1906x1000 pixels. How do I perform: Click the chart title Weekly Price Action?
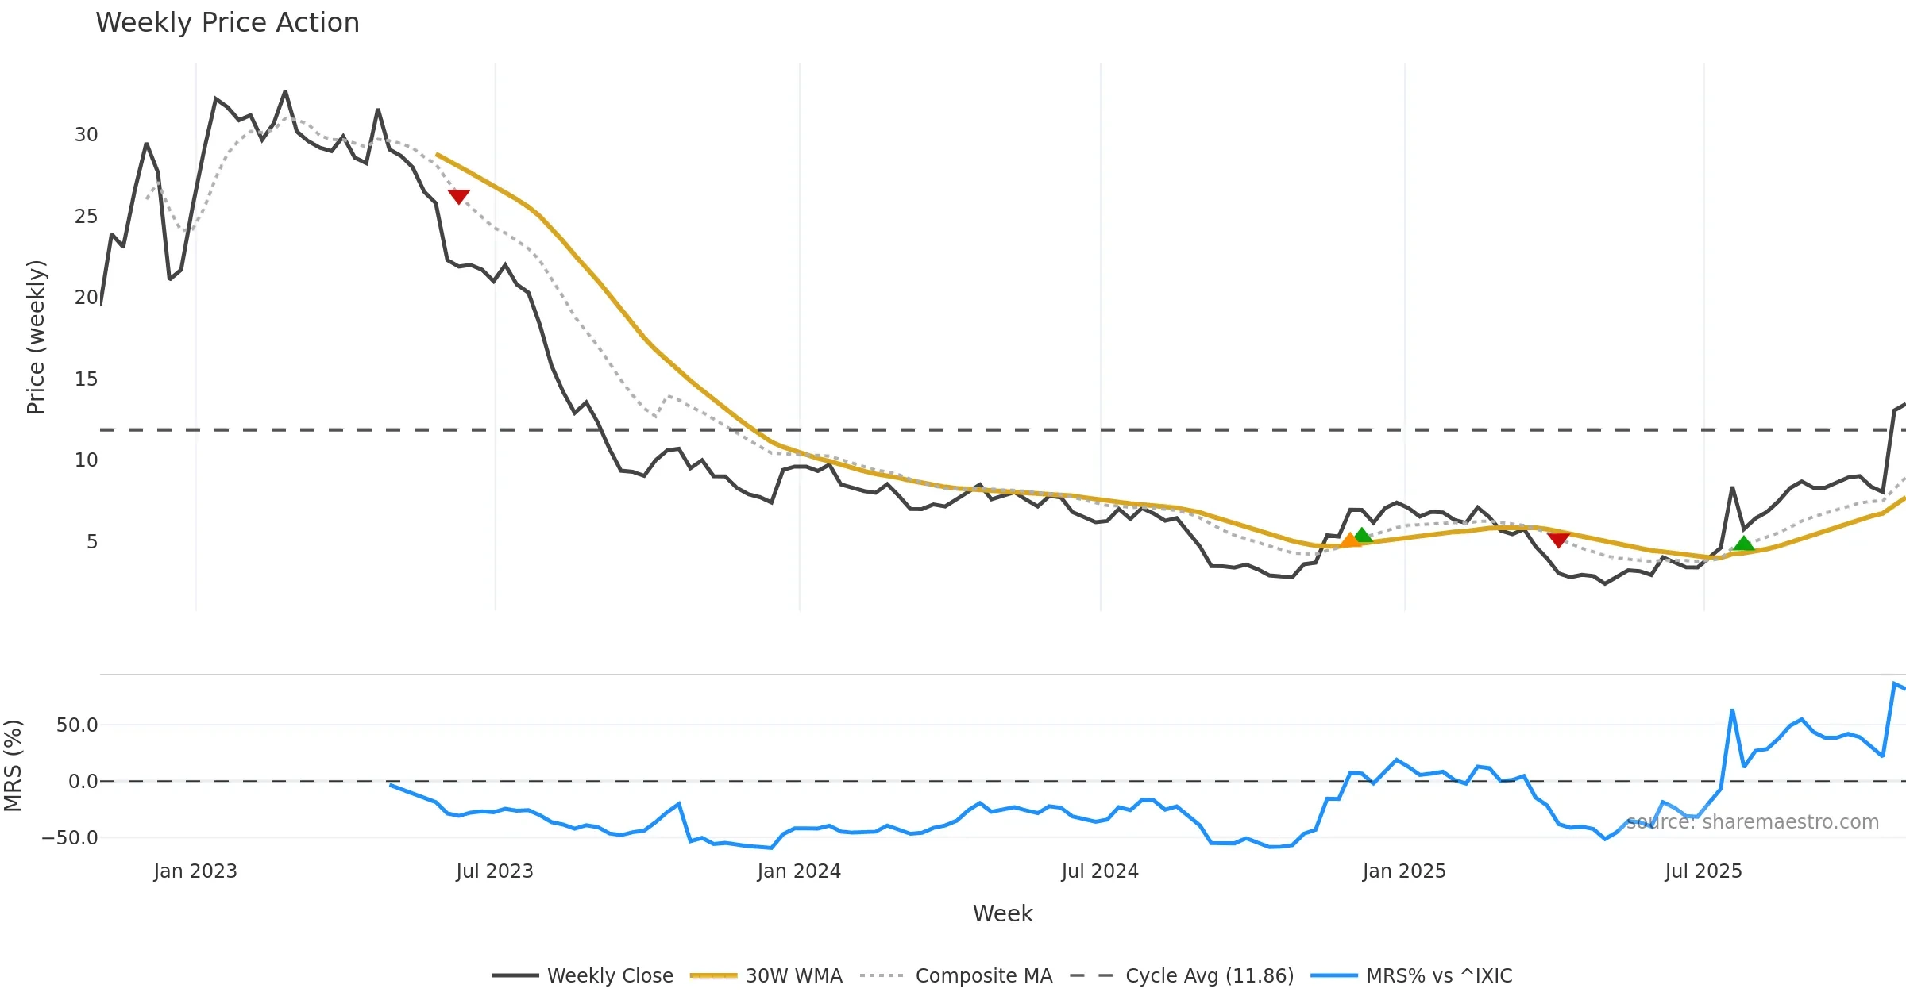tap(227, 23)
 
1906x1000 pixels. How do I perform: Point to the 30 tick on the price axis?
tap(87, 135)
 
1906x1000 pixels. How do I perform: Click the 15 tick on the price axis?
tap(87, 379)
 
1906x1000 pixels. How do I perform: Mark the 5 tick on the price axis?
tap(92, 542)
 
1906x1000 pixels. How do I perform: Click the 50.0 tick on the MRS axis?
tap(77, 725)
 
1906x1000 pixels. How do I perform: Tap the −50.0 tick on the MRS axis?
tap(70, 838)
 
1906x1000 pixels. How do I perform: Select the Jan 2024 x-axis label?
tap(799, 871)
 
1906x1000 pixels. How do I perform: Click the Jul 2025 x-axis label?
tap(1703, 871)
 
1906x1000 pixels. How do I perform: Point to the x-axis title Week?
tap(1002, 914)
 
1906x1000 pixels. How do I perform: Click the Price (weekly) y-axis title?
tap(37, 337)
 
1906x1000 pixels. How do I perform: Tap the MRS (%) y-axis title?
tap(13, 766)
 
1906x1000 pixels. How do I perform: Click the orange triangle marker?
tap(1350, 540)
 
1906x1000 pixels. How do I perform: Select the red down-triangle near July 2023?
tap(459, 196)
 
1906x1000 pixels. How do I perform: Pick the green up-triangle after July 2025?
tap(1744, 544)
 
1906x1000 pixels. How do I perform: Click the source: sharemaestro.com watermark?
tap(1752, 822)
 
